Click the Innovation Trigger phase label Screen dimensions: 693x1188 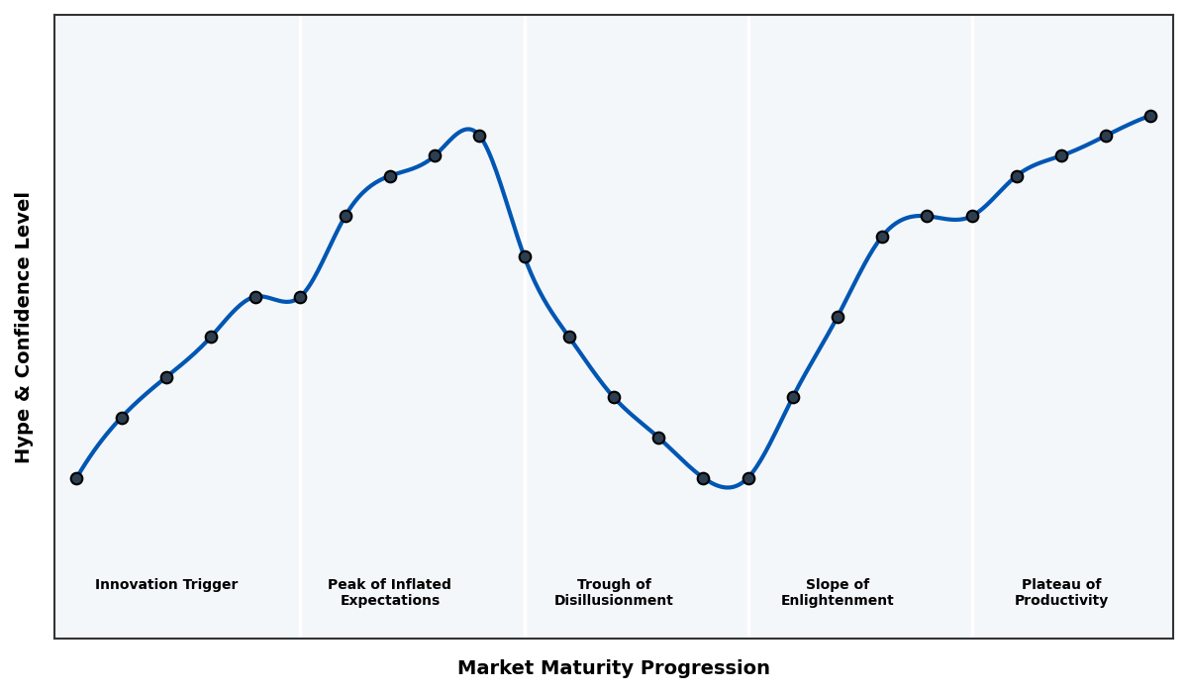[x=166, y=585]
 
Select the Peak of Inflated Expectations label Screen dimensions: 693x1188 [x=389, y=592]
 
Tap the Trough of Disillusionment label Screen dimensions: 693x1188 [x=614, y=592]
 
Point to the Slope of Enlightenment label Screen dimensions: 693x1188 [x=837, y=592]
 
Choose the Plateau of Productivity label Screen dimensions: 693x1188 [x=1061, y=592]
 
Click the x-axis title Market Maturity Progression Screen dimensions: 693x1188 [x=613, y=668]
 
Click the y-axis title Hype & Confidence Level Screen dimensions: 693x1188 [x=24, y=327]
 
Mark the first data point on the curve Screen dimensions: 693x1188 [x=76, y=478]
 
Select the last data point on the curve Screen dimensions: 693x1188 [x=1150, y=116]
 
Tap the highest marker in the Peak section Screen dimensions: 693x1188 [x=479, y=136]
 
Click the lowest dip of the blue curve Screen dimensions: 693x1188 [x=728, y=487]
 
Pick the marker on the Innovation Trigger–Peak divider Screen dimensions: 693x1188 [x=300, y=297]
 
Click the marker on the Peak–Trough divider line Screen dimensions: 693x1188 [x=525, y=256]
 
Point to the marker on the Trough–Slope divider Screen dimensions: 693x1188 [x=748, y=478]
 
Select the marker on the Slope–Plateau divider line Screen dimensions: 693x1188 [x=972, y=216]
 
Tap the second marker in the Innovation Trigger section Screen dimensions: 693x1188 [x=122, y=418]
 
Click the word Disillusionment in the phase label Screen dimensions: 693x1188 [x=614, y=601]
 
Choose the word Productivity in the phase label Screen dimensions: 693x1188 [x=1061, y=601]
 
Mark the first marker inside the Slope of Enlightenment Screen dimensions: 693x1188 [x=793, y=397]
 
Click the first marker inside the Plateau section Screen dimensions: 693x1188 [x=1017, y=176]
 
